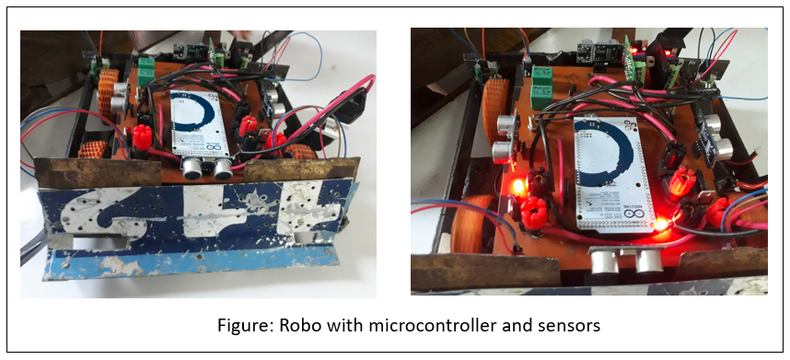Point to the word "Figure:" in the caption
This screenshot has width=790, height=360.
pos(243,325)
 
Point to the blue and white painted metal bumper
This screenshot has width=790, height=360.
pos(193,226)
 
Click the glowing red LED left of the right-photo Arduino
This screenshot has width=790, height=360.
pos(517,188)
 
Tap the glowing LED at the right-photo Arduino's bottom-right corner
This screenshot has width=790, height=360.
pos(660,224)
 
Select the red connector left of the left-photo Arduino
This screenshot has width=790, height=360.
pos(142,137)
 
